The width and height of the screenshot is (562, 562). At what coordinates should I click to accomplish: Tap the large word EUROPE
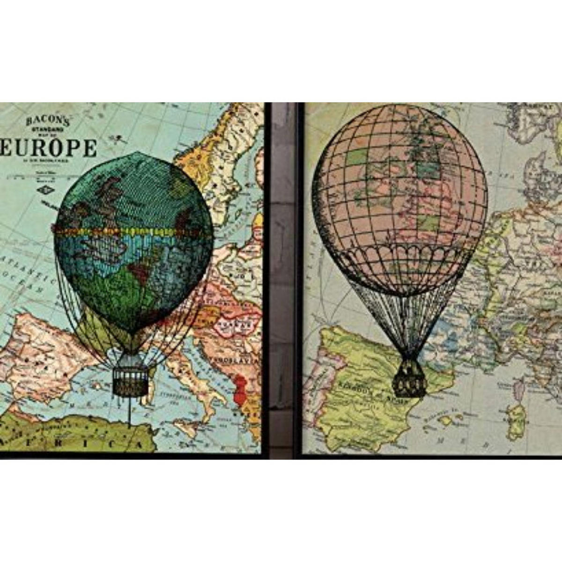(49, 148)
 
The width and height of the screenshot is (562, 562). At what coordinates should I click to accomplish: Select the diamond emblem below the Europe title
(46, 189)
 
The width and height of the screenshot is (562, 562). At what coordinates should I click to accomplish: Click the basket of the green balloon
(130, 379)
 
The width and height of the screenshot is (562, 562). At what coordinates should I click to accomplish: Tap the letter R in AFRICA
(76, 443)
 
